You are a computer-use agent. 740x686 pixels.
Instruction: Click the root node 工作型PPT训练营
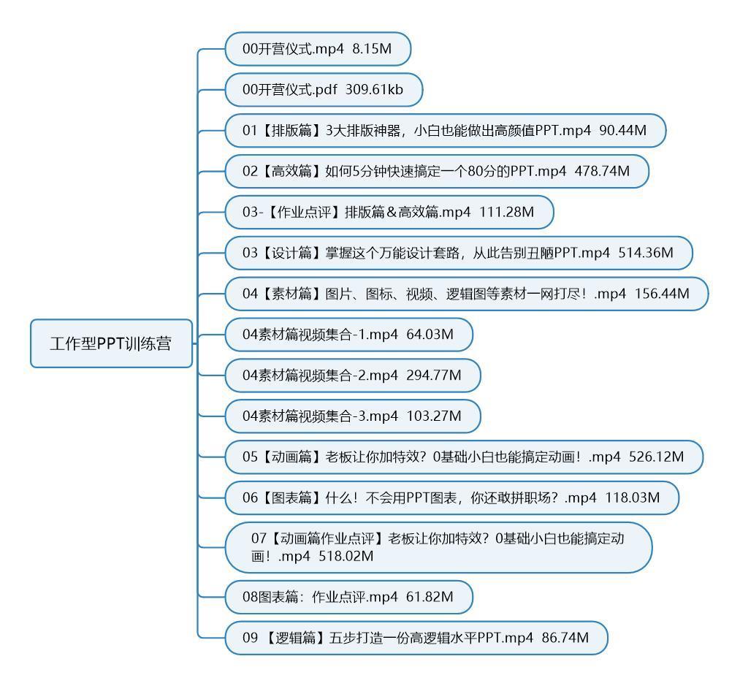pyautogui.click(x=111, y=343)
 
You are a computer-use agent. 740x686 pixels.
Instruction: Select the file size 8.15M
pyautogui.click(x=372, y=49)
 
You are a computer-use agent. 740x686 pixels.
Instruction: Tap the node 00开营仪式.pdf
pyautogui.click(x=324, y=90)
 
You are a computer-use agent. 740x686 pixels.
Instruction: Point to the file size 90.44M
pyautogui.click(x=623, y=130)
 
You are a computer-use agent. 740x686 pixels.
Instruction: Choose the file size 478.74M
pyautogui.click(x=602, y=171)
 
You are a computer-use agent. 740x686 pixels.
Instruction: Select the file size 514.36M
pyautogui.click(x=646, y=253)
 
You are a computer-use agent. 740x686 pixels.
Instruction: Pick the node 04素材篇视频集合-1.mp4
pyautogui.click(x=348, y=335)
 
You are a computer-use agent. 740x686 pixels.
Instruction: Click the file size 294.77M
pyautogui.click(x=434, y=376)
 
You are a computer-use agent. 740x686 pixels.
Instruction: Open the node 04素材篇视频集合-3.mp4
pyautogui.click(x=353, y=416)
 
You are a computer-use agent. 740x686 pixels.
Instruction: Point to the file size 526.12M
pyautogui.click(x=657, y=457)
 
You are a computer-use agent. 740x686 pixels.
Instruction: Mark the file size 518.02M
pyautogui.click(x=346, y=556)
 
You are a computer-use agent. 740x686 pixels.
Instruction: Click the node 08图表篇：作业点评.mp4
pyautogui.click(x=348, y=598)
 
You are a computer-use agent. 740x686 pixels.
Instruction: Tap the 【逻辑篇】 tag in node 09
pyautogui.click(x=294, y=638)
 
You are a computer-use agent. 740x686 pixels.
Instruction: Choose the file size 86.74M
pyautogui.click(x=565, y=638)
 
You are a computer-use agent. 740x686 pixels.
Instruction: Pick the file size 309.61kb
pyautogui.click(x=374, y=90)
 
